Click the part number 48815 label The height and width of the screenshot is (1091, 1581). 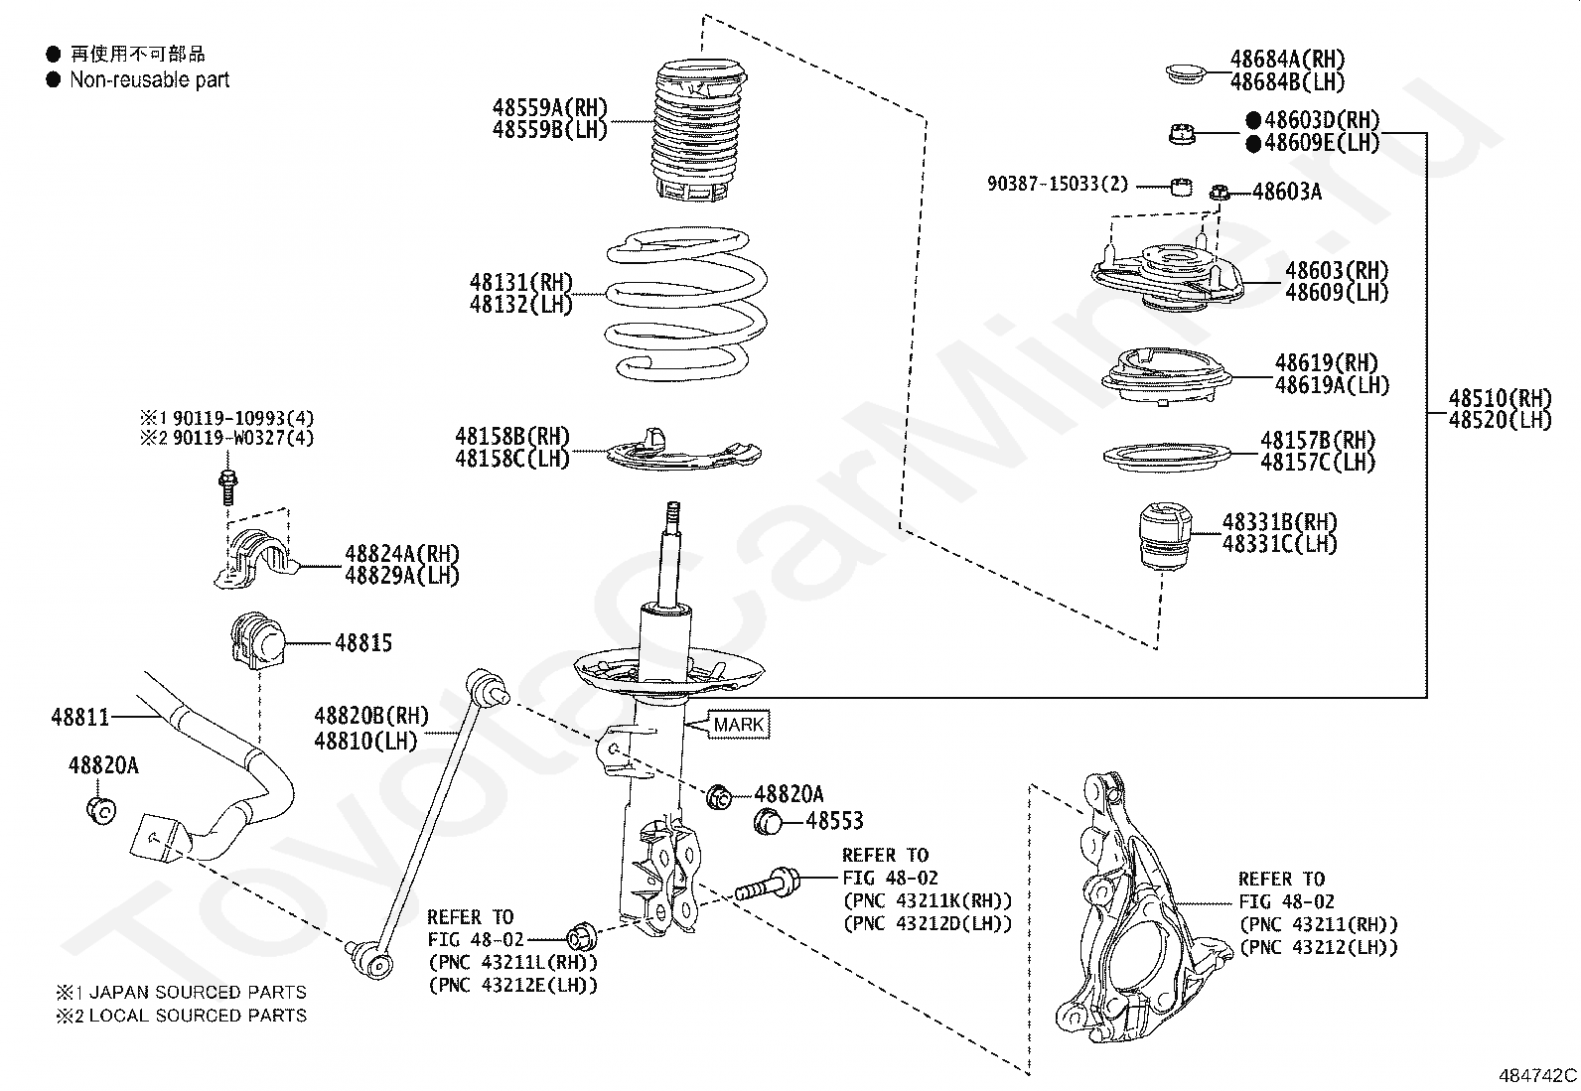pos(363,642)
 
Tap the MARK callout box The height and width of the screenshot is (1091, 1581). pos(738,725)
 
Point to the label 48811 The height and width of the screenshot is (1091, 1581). pos(79,715)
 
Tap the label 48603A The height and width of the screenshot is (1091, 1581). pos(1287,192)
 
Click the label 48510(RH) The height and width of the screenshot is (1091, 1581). pos(1499,398)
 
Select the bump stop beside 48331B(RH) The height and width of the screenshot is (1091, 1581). pos(1165,538)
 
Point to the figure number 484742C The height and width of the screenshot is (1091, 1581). pos(1536,1075)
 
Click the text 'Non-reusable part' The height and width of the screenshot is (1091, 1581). pos(149,80)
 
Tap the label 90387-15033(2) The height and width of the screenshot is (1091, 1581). pos(1057,185)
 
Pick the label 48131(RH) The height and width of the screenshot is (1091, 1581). pos(521,283)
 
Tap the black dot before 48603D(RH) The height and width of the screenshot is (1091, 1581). pos(1253,120)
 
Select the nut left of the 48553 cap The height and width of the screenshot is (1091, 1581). pos(719,795)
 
